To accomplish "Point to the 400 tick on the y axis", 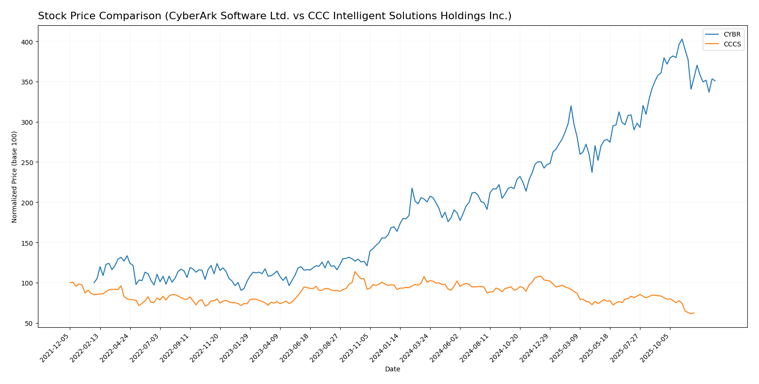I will [x=28, y=42].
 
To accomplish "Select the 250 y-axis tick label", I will [x=28, y=162].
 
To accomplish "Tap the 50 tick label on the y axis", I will [x=30, y=324].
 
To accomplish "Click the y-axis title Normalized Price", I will [x=15, y=177].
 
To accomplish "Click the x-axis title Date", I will [x=392, y=369].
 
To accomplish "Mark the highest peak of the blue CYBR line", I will [x=682, y=39].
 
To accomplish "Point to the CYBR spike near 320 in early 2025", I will [x=571, y=106].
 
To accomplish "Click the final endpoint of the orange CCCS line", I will [x=694, y=313].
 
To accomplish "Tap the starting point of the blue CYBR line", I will [x=94, y=283].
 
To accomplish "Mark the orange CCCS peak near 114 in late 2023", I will [x=355, y=271].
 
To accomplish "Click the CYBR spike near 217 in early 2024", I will [x=412, y=188].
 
